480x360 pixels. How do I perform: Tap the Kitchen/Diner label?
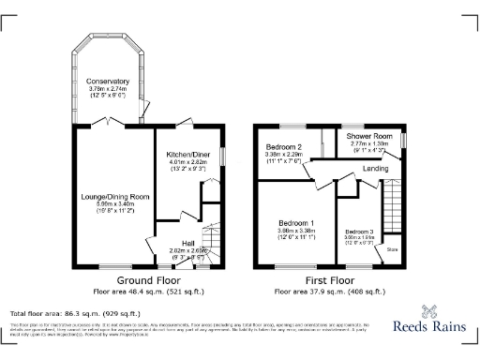(188, 153)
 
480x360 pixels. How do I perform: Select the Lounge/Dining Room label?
(115, 196)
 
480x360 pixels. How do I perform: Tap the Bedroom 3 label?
(359, 231)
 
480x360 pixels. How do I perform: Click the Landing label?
(376, 169)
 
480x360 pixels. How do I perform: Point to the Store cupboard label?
(392, 249)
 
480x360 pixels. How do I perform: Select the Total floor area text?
(74, 313)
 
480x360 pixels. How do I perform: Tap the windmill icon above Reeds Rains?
(430, 312)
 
